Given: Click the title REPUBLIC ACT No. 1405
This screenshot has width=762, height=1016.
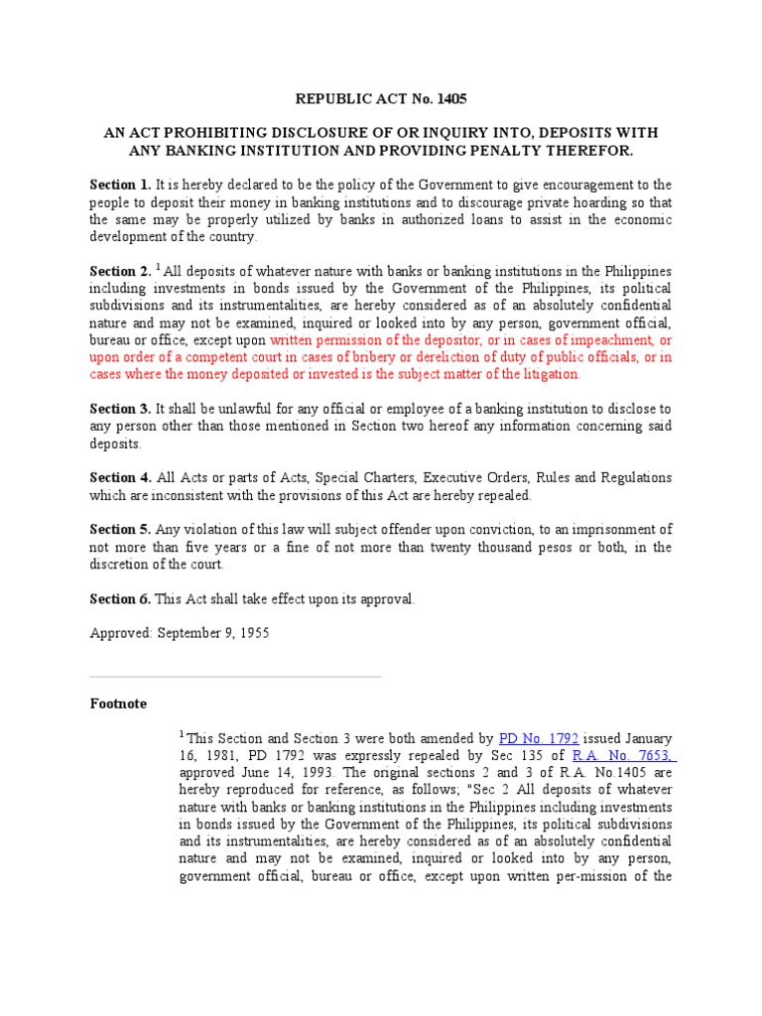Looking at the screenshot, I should click(x=381, y=99).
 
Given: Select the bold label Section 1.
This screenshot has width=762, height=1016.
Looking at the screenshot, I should click(x=120, y=185).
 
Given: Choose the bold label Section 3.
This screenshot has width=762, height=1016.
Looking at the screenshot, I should click(x=120, y=409).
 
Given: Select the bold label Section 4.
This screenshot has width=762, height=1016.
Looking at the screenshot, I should click(x=120, y=478).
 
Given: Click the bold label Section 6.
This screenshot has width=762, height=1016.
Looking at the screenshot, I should click(x=120, y=599).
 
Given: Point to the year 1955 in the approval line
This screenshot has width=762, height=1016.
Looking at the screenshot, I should click(x=252, y=633).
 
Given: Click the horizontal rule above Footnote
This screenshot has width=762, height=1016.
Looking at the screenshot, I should click(x=235, y=677).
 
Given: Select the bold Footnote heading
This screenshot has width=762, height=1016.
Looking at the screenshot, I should click(x=118, y=703).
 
